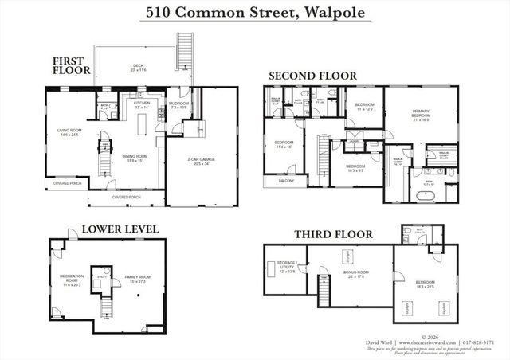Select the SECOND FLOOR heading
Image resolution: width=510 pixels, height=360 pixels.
point(312,76)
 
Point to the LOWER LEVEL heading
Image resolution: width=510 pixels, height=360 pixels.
point(120,229)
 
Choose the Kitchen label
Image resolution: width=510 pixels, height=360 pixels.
point(142,104)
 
